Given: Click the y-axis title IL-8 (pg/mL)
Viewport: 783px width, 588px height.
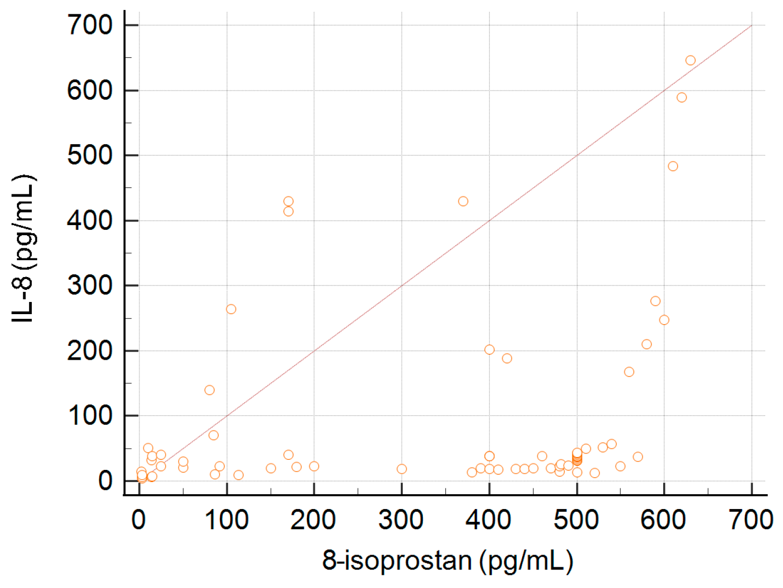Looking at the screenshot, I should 23,248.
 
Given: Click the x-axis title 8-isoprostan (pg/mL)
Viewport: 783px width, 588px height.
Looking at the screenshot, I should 447,560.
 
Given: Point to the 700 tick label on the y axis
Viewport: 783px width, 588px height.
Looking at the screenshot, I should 90,25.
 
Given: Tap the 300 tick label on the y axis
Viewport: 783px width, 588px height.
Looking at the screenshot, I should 90,286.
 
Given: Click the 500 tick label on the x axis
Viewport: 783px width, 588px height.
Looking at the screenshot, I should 576,520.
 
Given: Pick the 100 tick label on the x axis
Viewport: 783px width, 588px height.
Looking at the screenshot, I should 226,520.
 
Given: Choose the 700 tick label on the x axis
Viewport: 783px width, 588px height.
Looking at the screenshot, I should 751,520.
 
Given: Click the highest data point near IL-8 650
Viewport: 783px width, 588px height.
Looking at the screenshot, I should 690,60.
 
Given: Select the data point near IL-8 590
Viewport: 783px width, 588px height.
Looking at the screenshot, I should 682,97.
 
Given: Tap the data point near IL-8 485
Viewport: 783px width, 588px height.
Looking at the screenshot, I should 673,166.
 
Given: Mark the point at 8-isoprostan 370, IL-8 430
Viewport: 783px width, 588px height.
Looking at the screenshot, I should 463,201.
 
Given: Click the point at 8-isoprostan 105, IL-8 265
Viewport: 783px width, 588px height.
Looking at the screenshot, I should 231,309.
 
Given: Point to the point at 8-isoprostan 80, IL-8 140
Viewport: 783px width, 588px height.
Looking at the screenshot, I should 209,390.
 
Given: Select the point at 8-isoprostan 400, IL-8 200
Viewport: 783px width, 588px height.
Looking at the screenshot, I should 489,350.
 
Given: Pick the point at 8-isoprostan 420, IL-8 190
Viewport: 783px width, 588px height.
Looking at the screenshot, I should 507,359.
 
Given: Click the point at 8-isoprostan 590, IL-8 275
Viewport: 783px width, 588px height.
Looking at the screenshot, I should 655,301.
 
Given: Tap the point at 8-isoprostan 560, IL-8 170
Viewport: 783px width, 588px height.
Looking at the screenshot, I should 629,372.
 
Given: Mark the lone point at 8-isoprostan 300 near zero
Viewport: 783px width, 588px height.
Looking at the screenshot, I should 401,469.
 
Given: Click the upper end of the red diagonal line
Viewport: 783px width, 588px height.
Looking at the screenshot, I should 751,26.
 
